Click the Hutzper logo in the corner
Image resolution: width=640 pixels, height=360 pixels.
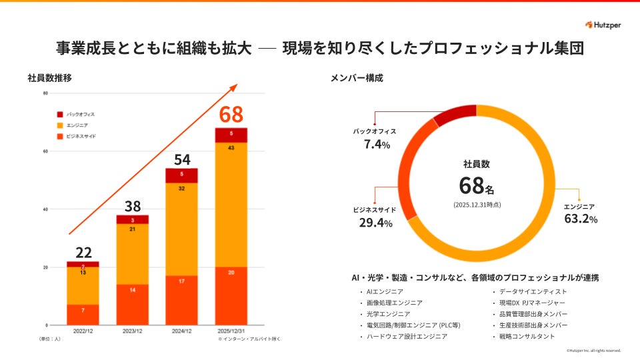(x=603, y=25)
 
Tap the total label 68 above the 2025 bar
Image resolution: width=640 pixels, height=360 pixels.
(x=231, y=115)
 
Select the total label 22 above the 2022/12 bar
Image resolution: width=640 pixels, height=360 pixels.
(x=83, y=252)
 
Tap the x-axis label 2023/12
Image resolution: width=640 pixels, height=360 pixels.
(x=133, y=331)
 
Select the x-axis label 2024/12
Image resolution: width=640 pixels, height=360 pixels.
(x=181, y=331)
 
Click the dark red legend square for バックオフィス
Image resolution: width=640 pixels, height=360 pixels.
(x=60, y=114)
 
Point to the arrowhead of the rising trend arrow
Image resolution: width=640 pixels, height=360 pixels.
(x=235, y=87)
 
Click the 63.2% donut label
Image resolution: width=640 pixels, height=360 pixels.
(x=581, y=219)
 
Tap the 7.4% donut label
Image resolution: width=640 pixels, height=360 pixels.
(x=377, y=144)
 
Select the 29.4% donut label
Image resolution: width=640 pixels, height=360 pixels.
(x=375, y=223)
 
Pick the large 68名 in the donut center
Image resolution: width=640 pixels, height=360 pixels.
(x=476, y=185)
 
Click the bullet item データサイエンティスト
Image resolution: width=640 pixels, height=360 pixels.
(x=532, y=291)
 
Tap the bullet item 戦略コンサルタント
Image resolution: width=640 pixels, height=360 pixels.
(x=527, y=336)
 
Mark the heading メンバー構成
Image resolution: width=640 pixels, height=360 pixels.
(x=357, y=78)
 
